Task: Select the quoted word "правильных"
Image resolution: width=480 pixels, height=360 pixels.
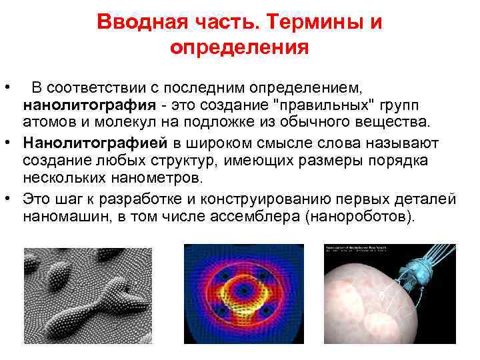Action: coord(321,105)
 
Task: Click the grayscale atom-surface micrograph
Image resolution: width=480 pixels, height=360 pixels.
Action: coord(88,295)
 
